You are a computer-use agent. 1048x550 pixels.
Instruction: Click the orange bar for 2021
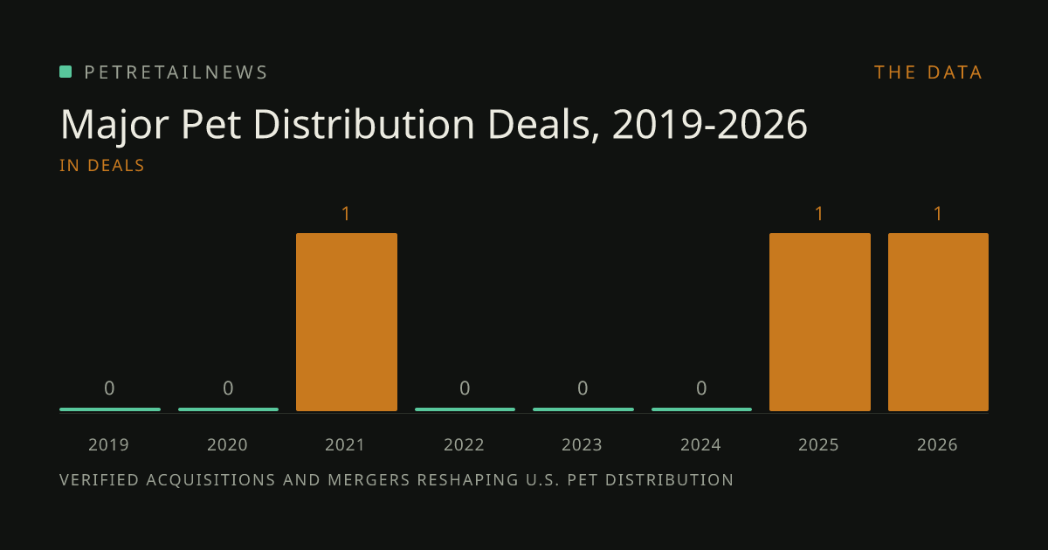[x=347, y=322]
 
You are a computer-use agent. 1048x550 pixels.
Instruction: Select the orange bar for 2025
[x=820, y=322]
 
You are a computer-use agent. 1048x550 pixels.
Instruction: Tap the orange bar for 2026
[x=939, y=322]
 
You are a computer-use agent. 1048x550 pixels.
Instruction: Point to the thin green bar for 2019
[x=110, y=409]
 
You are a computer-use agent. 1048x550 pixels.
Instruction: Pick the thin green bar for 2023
[x=583, y=409]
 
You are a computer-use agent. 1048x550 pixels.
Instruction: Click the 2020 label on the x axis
[x=227, y=444]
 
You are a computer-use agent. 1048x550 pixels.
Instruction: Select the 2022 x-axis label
[x=464, y=444]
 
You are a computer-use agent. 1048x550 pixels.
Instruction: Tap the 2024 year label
[x=700, y=444]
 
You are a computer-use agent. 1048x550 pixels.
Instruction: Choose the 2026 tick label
[x=937, y=444]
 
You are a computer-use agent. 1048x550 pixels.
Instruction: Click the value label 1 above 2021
[x=346, y=214]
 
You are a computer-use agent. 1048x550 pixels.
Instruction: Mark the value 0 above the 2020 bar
[x=228, y=388]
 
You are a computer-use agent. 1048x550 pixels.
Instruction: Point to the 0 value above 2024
[x=701, y=388]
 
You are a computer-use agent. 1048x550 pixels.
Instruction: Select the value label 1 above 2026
[x=938, y=214]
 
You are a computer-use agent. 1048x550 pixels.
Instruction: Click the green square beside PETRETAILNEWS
[x=65, y=72]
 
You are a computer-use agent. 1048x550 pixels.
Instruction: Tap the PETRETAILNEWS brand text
[x=176, y=72]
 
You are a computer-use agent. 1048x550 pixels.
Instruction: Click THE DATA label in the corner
[x=928, y=72]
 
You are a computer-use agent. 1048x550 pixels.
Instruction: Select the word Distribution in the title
[x=364, y=124]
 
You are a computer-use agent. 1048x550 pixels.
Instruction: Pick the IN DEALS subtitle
[x=102, y=166]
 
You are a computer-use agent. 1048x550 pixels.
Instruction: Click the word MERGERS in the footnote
[x=369, y=480]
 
